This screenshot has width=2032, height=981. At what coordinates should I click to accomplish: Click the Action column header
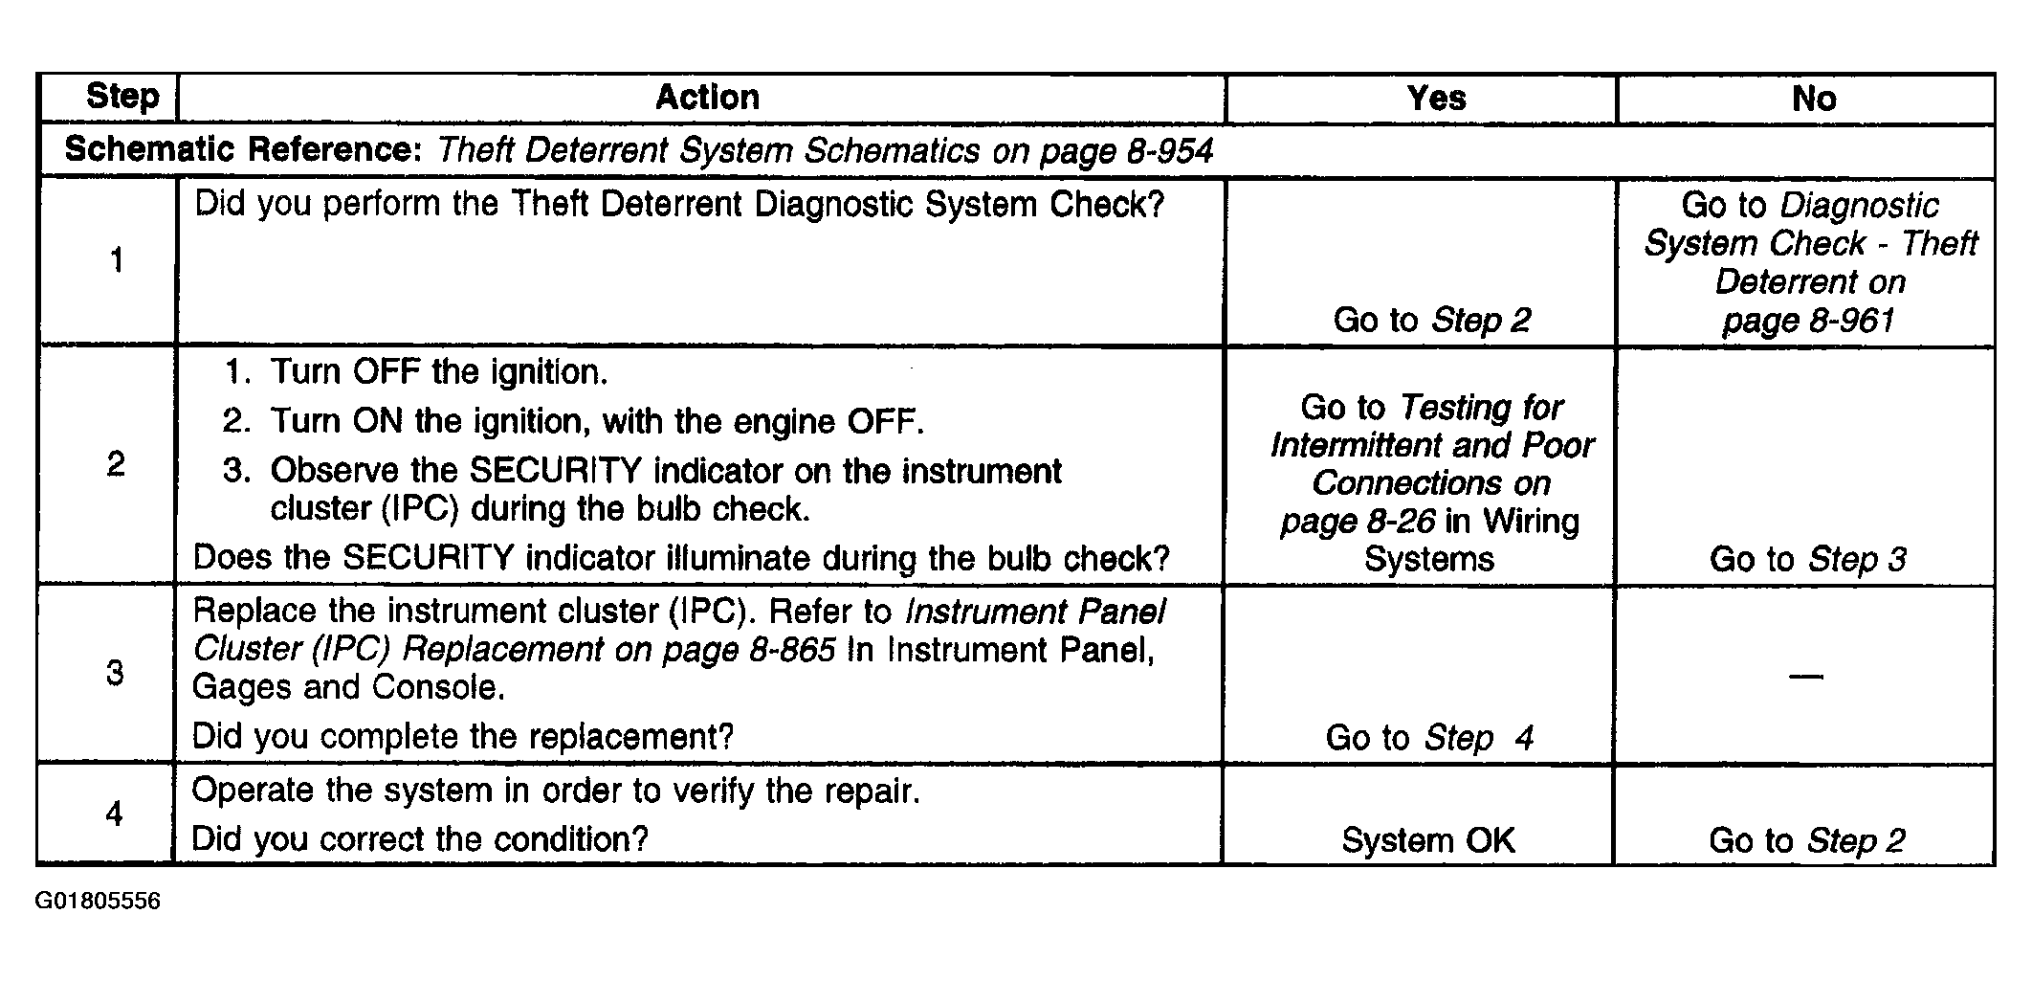pos(707,97)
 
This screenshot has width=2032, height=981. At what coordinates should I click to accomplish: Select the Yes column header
pos(1436,98)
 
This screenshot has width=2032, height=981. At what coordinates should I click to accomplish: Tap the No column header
pos(1814,98)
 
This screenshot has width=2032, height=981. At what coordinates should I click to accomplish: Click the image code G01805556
pos(98,902)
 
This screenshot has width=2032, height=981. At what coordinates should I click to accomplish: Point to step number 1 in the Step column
pos(117,260)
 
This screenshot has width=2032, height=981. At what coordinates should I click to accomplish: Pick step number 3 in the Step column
pos(115,673)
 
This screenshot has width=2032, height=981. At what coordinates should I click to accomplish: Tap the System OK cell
pos(1428,840)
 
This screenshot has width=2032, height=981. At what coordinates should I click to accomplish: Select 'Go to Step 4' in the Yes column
pos(1429,737)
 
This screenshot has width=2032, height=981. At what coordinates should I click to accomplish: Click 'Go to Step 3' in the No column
pos(1807,559)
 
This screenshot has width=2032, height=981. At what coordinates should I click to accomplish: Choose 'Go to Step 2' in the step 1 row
pos(1432,320)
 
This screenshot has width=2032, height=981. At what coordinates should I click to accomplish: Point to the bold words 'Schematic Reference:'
pos(243,150)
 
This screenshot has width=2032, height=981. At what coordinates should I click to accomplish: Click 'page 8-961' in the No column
pos(1808,320)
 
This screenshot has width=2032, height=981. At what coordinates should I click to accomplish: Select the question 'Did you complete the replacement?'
pos(463,736)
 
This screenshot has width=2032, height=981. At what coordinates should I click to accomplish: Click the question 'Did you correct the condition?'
pos(420,839)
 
